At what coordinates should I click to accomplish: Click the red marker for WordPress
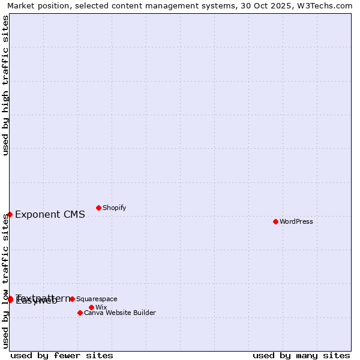[x=275, y=221]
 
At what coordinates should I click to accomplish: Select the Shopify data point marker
[x=98, y=208]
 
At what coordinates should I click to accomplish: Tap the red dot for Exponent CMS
[x=10, y=214]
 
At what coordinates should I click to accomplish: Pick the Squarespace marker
[x=72, y=299]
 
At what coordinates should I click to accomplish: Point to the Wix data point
[x=91, y=307]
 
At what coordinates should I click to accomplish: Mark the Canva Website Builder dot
[x=80, y=313]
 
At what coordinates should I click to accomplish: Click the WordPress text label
[x=296, y=221]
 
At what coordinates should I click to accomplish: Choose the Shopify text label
[x=114, y=208]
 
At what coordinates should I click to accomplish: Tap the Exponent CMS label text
[x=50, y=215]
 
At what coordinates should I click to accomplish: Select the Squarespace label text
[x=97, y=299]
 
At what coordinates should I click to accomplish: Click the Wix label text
[x=101, y=307]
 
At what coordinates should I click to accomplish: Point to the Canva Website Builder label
[x=120, y=313]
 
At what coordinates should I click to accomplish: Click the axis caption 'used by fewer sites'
[x=62, y=355]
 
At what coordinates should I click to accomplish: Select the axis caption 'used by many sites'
[x=301, y=355]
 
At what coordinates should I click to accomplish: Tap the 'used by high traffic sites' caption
[x=6, y=85]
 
